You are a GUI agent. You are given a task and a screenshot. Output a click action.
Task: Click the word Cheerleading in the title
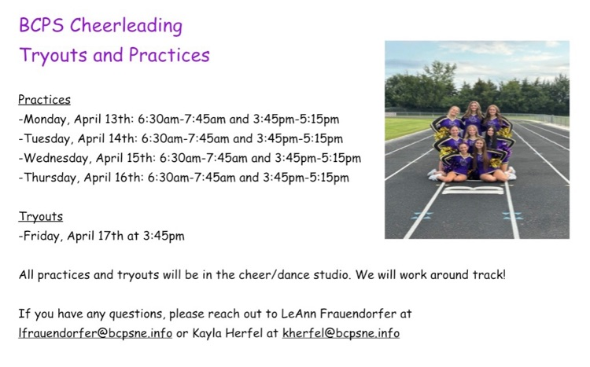click(x=126, y=26)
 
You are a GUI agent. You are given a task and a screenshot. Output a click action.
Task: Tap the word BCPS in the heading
click(x=42, y=26)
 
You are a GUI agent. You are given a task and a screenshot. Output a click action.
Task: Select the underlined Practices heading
click(x=44, y=100)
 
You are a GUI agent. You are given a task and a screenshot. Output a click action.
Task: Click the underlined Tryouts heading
click(x=40, y=216)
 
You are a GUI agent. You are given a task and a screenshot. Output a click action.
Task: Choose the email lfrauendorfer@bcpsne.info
click(x=95, y=333)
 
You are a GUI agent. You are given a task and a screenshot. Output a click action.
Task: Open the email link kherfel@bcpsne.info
click(x=341, y=333)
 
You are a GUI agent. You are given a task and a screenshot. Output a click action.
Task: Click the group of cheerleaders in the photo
click(x=473, y=141)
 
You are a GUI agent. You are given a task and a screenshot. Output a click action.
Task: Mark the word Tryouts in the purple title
click(x=50, y=55)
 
